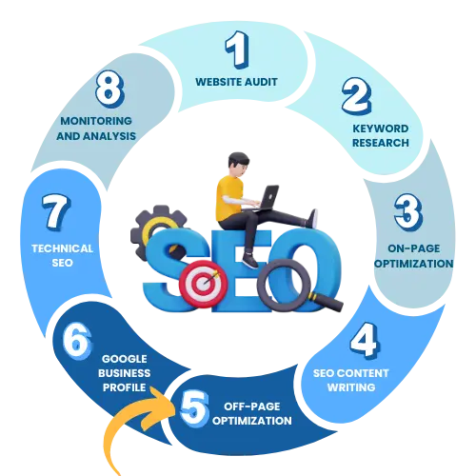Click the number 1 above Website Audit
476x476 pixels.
pyautogui.click(x=237, y=50)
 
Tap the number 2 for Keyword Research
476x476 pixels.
pyautogui.click(x=356, y=96)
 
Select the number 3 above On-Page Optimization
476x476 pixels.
pyautogui.click(x=408, y=212)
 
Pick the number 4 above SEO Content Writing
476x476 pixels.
pyautogui.click(x=365, y=341)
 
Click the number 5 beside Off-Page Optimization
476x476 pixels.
pyautogui.click(x=194, y=408)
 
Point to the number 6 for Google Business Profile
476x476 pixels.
pyautogui.click(x=77, y=341)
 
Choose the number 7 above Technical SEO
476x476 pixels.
pyautogui.click(x=56, y=212)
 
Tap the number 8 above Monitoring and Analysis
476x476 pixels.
pyautogui.click(x=109, y=89)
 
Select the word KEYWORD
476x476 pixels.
pyautogui.click(x=381, y=129)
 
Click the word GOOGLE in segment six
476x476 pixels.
pyautogui.click(x=125, y=359)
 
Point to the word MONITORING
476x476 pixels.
pyautogui.click(x=96, y=121)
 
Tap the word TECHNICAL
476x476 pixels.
pyautogui.click(x=62, y=248)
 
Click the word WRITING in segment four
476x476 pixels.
pyautogui.click(x=351, y=387)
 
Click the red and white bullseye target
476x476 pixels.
pyautogui.click(x=203, y=284)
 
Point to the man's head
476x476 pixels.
pyautogui.click(x=238, y=165)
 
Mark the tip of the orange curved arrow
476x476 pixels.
pyautogui.click(x=175, y=412)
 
